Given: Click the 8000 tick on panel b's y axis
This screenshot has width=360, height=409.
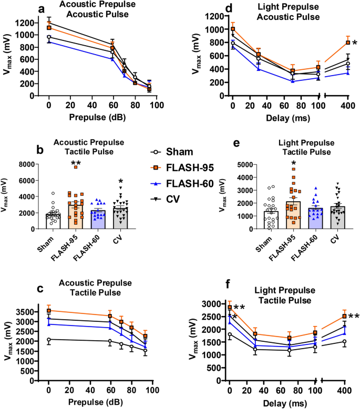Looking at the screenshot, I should [27, 164].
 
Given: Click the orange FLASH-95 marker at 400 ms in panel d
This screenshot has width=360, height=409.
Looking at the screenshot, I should [348, 43].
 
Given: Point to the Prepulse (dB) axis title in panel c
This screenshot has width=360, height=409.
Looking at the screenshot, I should [98, 374].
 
